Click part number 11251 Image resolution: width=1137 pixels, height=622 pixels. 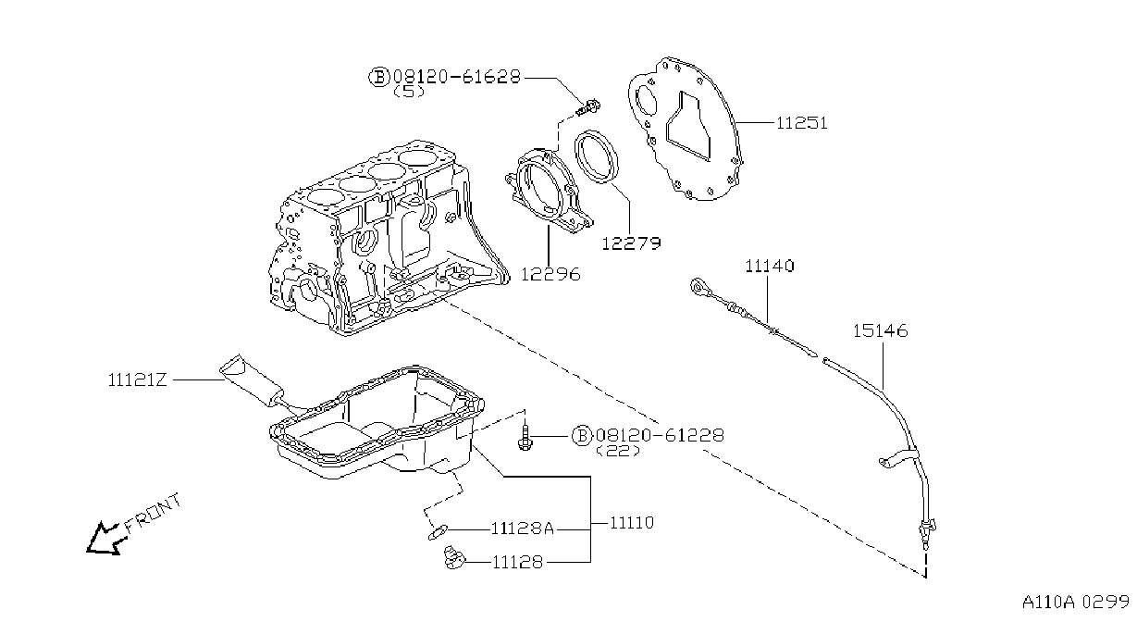(802, 123)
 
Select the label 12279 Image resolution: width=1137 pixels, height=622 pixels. (632, 243)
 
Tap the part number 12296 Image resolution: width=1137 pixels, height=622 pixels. (550, 275)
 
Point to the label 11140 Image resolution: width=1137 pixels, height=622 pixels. (770, 266)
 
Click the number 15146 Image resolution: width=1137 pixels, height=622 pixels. (880, 331)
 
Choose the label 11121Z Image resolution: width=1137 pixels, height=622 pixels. (137, 379)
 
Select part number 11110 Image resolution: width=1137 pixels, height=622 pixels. (632, 522)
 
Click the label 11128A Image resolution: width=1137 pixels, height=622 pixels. (523, 529)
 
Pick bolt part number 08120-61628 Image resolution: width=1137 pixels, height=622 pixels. (457, 77)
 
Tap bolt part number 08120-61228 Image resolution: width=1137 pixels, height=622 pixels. (660, 435)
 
